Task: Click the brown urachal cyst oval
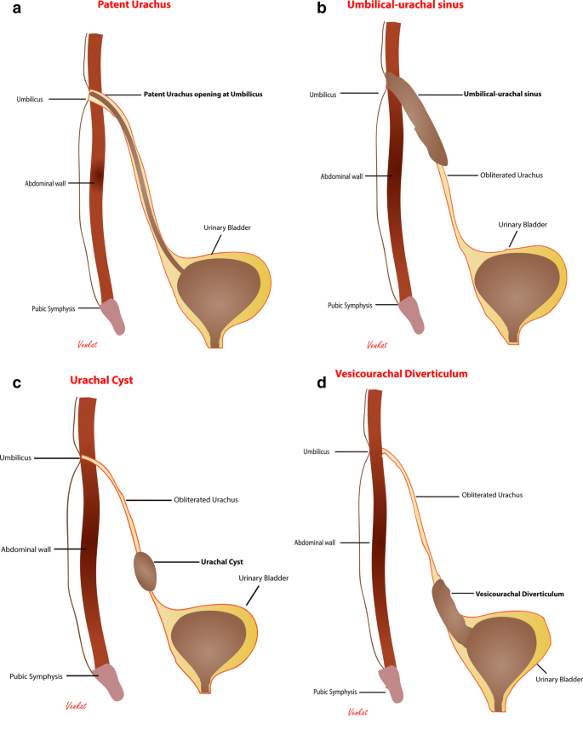click(146, 571)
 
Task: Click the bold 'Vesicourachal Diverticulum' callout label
click(521, 593)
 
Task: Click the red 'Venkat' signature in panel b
click(377, 345)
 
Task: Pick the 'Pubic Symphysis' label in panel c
click(38, 676)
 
